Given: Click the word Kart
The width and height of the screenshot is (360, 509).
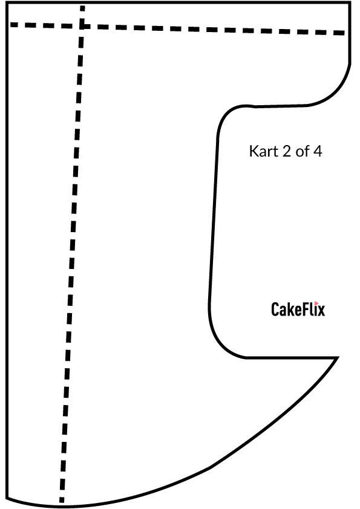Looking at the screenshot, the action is pos(263,151).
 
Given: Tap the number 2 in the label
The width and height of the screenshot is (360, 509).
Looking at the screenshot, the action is pos(286,151).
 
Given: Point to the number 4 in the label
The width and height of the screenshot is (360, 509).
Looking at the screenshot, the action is pos(318,151).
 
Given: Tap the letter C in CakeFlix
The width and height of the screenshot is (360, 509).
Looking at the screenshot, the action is pos(275,310).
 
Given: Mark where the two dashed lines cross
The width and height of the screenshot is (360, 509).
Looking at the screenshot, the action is pos(82,26).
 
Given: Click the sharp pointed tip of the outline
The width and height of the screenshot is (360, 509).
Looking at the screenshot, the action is pos(338,357).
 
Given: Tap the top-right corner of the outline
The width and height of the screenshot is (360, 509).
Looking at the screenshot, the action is pos(350,3).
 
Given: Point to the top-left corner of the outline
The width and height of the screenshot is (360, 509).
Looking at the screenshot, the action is pos(7,3).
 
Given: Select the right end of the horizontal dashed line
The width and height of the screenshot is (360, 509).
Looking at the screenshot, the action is pos(344,33).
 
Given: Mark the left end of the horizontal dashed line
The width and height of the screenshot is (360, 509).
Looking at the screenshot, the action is pos(11,24).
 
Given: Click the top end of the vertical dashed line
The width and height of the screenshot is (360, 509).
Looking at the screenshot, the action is pos(82,7).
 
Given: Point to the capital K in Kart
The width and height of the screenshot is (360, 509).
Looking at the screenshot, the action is pos(254,151).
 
